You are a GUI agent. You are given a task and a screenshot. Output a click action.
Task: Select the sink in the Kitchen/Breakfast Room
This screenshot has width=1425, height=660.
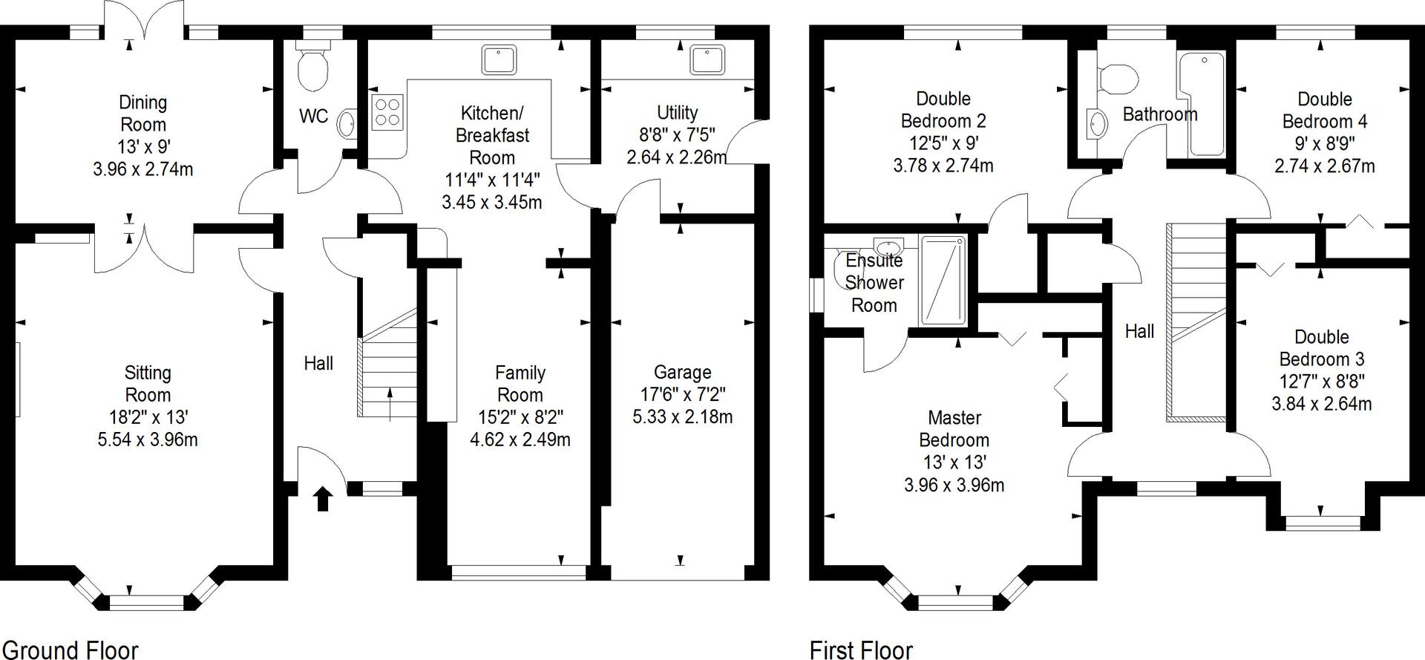(499, 59)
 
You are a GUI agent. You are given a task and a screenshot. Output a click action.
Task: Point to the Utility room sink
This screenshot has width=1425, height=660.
(707, 59)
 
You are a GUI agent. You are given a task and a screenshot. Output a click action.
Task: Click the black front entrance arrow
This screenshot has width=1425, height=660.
(321, 499)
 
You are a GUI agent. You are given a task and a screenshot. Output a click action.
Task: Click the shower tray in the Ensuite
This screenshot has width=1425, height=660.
(943, 281)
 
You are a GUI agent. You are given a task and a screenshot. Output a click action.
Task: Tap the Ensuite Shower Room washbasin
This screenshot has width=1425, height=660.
(888, 246)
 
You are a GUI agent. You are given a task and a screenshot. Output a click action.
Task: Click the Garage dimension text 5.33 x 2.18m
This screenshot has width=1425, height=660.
(682, 416)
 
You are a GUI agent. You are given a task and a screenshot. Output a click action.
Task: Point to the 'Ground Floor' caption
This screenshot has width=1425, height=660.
(70, 650)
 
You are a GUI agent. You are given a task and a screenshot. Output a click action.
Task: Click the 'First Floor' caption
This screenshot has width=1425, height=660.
(861, 650)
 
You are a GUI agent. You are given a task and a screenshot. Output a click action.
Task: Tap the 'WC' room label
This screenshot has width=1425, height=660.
(313, 117)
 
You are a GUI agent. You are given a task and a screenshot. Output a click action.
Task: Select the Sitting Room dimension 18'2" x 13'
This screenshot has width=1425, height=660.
(148, 416)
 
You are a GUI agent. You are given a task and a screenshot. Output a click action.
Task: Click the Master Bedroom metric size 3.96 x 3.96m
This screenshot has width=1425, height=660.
(954, 485)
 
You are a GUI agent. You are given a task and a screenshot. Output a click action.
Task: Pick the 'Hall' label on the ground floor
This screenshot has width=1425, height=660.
(318, 363)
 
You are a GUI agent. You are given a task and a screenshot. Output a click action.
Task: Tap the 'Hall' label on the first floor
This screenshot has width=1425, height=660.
(1139, 331)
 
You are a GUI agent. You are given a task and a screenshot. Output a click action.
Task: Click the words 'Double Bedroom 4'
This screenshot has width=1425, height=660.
(1325, 110)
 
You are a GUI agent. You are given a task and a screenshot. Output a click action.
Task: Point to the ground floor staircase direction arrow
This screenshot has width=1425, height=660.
(390, 404)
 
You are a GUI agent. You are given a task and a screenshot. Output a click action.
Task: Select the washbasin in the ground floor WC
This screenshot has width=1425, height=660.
(347, 124)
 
